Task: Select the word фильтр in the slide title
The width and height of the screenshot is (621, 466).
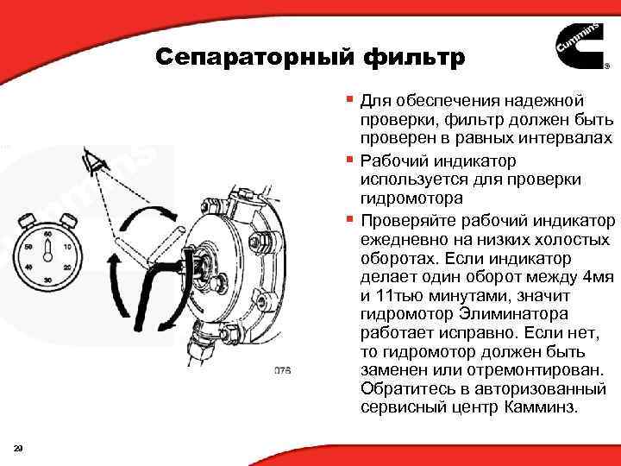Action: coord(415,58)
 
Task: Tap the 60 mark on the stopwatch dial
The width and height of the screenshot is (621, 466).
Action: coord(48,233)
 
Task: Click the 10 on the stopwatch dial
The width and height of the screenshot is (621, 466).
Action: coord(68,246)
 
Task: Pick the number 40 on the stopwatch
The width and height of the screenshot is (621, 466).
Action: coord(28,268)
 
